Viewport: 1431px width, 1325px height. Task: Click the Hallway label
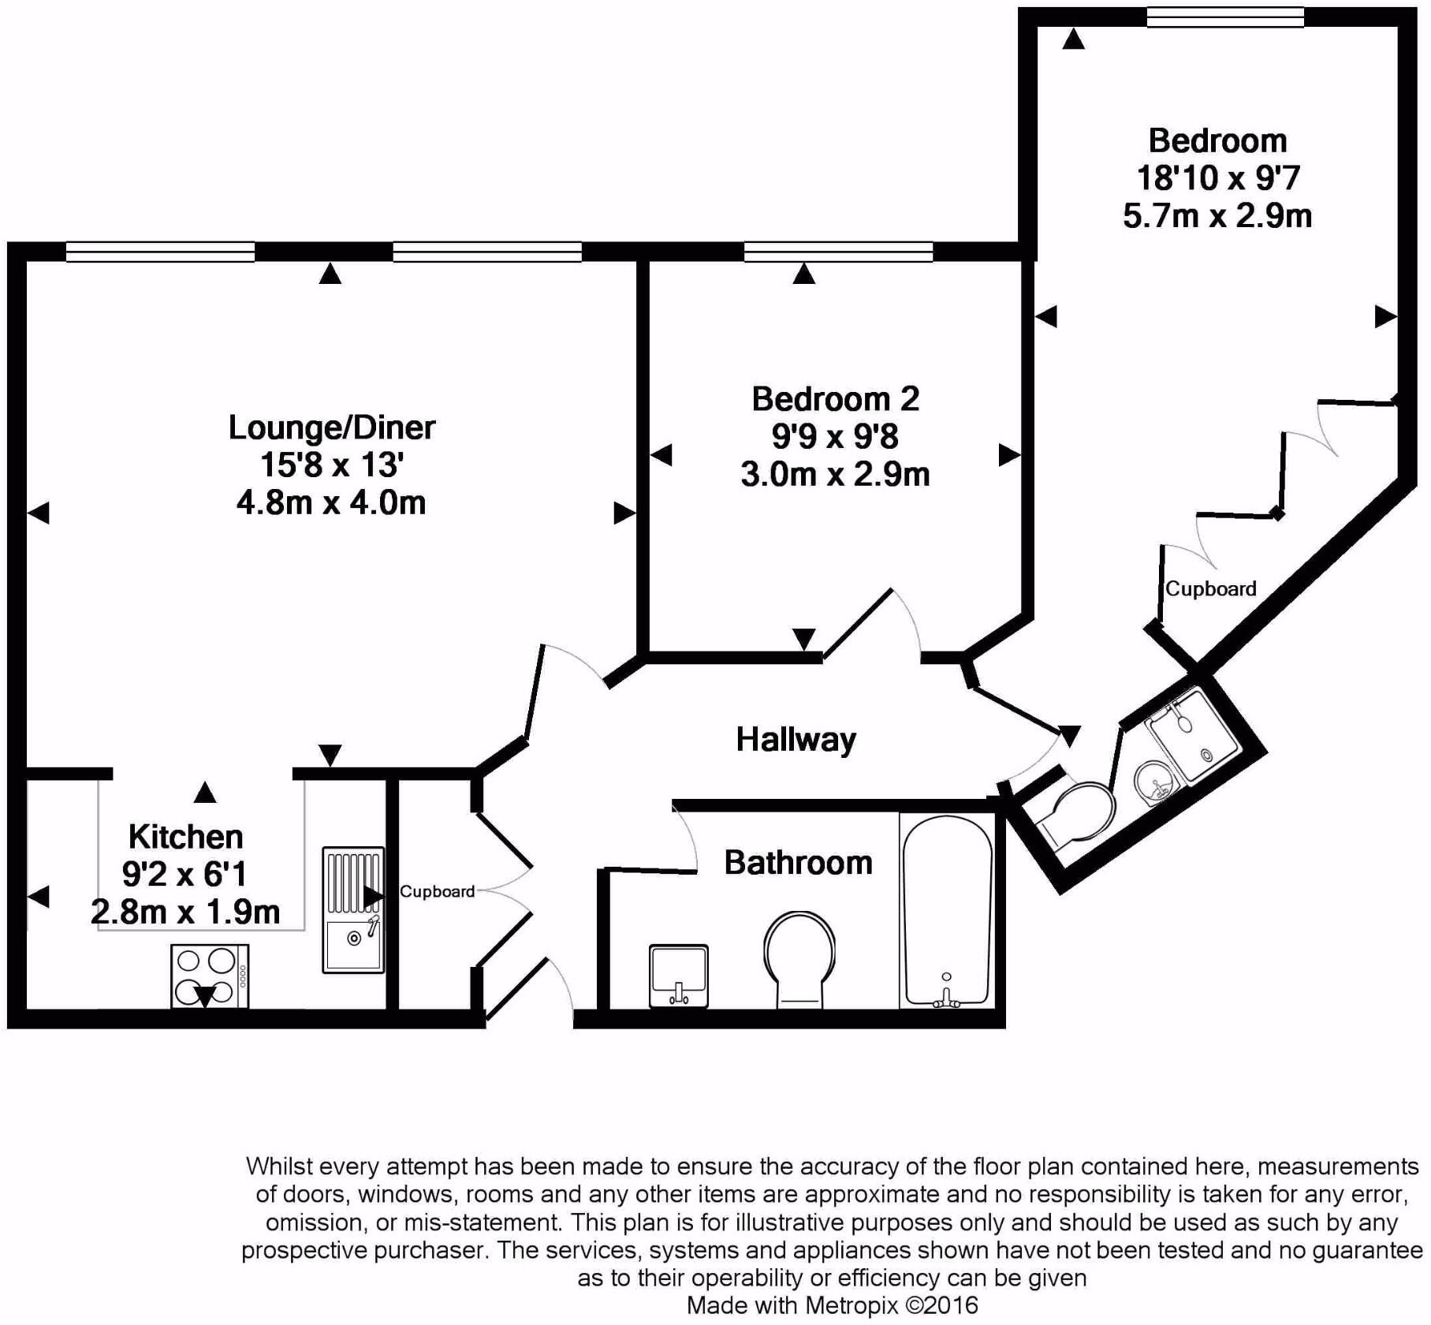click(x=796, y=740)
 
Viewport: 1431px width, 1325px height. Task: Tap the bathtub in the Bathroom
click(x=946, y=911)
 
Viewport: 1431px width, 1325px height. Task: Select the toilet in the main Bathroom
click(x=799, y=959)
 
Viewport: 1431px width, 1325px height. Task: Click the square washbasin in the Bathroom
click(x=678, y=976)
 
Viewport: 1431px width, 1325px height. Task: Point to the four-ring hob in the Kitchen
click(x=210, y=976)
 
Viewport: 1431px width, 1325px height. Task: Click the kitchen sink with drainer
click(x=353, y=909)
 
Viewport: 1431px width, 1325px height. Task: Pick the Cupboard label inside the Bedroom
click(x=1210, y=588)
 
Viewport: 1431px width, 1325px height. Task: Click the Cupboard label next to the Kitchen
click(x=437, y=891)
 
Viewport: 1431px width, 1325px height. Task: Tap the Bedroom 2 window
click(x=838, y=252)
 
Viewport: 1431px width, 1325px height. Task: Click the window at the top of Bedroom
click(x=1225, y=17)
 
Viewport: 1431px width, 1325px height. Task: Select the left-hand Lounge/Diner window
click(x=161, y=252)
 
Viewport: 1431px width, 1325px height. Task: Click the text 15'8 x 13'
click(x=332, y=465)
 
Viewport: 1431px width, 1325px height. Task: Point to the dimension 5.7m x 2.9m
click(x=1217, y=215)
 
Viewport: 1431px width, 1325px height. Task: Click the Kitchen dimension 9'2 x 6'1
click(x=184, y=874)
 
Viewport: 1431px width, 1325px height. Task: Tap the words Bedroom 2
click(x=835, y=399)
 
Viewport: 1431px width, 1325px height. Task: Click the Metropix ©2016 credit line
click(x=832, y=1305)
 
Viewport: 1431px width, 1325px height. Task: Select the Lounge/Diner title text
click(x=331, y=427)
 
